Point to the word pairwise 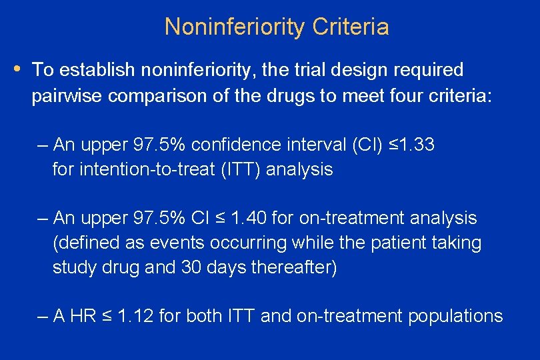67,96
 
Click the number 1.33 413,145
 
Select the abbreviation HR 82,316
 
